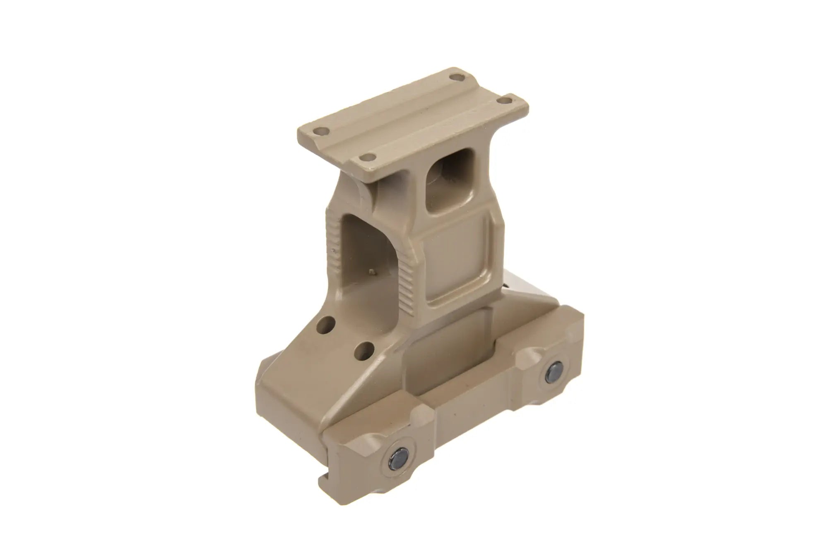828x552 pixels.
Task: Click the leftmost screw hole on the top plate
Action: (x=320, y=132)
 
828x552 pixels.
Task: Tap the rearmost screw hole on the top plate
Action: (x=455, y=77)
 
